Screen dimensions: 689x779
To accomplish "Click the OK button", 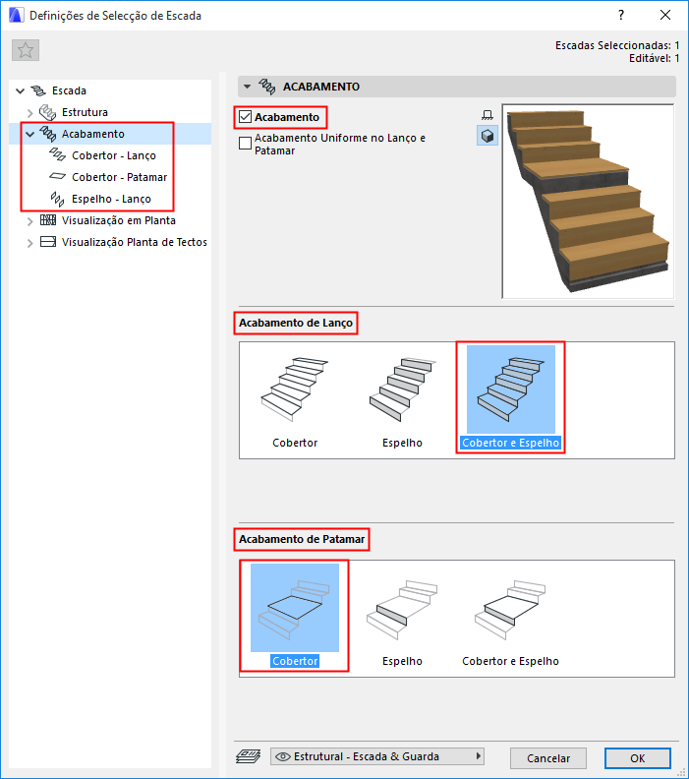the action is (x=637, y=758).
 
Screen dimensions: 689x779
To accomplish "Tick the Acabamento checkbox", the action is (x=245, y=117).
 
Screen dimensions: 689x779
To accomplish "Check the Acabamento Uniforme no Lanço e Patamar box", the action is (x=245, y=143).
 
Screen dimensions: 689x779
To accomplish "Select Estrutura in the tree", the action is (x=85, y=112).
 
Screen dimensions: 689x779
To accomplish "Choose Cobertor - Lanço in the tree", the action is (x=114, y=155).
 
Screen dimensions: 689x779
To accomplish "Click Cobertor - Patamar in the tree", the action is (x=119, y=177).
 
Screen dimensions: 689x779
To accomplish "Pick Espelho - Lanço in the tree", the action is (x=111, y=199).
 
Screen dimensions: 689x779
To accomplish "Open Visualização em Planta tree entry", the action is (x=119, y=220).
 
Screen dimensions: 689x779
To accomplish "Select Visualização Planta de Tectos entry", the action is (x=134, y=242).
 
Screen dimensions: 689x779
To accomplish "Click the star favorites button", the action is (x=26, y=50).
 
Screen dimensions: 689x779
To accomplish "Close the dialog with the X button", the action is (x=665, y=15).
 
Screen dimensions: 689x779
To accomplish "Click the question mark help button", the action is (x=621, y=15).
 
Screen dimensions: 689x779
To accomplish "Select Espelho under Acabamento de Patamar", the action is (x=403, y=620).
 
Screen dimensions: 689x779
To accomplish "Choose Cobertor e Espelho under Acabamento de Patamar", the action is (x=510, y=620).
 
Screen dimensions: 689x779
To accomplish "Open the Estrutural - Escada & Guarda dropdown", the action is (x=377, y=756).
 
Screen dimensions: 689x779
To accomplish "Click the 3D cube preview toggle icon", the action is (x=488, y=136).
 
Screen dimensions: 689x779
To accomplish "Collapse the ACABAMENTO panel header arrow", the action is (x=248, y=87).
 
